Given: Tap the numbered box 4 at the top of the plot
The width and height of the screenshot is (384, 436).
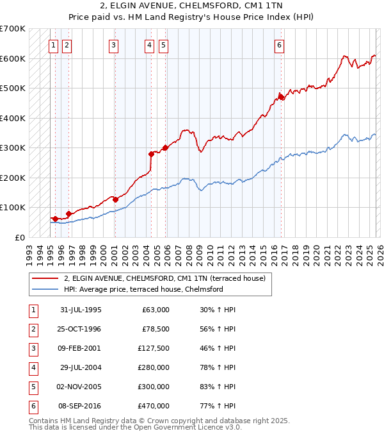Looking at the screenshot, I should [149, 45].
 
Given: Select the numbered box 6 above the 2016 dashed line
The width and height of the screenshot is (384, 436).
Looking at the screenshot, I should [280, 45].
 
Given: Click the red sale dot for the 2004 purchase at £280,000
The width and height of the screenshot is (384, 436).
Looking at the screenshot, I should [152, 154].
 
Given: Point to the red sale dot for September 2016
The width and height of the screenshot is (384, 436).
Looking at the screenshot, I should [280, 97].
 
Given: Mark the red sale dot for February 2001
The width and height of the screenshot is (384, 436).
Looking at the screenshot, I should [115, 199].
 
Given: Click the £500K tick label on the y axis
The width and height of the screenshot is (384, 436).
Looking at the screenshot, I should [12, 88].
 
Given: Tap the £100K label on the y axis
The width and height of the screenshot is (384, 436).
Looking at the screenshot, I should [12, 208].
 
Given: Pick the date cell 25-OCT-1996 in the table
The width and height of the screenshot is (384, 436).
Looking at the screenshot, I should [79, 329].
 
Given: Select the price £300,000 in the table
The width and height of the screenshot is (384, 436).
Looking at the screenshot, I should [154, 387].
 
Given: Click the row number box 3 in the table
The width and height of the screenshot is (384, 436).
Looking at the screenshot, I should [33, 348].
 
